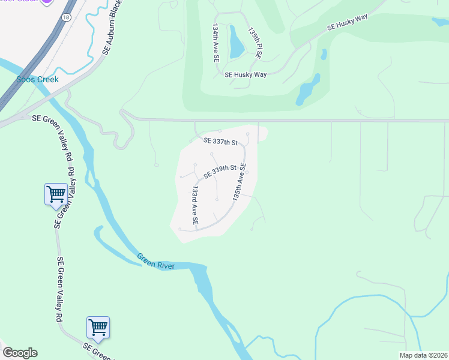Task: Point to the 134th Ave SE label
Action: point(215,44)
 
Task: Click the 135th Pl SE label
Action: point(256,42)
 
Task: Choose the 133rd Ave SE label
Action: point(194,205)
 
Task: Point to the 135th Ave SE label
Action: point(240,182)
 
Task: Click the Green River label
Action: point(155,262)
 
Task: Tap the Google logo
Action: point(20,353)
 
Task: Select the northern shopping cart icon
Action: point(56,194)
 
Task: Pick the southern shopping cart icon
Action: point(98,327)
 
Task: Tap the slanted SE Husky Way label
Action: point(348,23)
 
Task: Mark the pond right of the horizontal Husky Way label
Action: point(307,91)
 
